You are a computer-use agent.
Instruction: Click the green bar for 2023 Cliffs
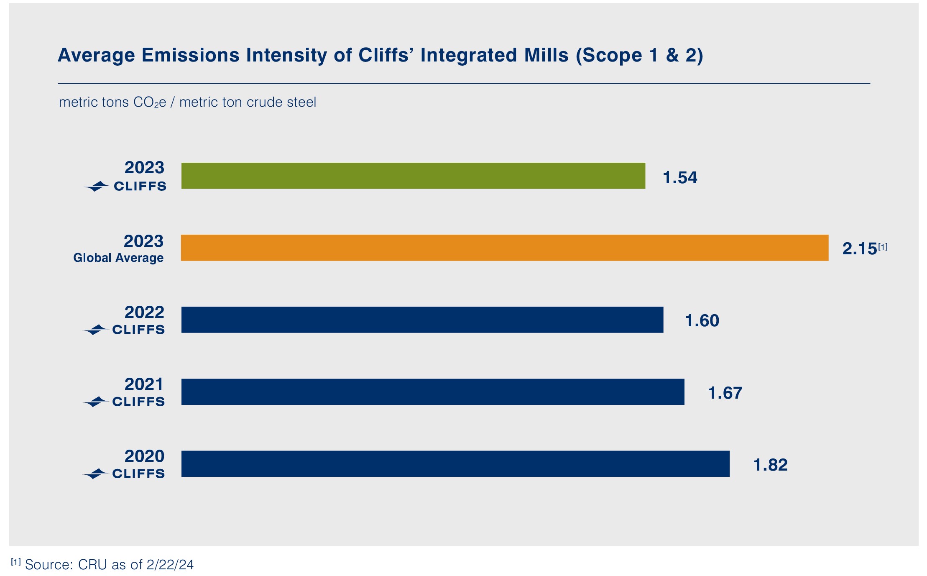413,176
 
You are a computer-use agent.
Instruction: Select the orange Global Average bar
504,248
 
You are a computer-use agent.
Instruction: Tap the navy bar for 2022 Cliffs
422,320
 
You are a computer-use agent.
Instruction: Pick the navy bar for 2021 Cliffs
433,392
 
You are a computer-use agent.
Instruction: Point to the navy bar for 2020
455,463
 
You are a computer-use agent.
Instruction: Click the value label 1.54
680,178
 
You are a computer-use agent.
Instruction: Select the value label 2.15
859,249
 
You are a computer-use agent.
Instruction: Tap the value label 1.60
702,321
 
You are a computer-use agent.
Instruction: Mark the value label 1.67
725,393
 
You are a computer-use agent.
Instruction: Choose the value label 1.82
770,465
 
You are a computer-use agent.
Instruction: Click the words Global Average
118,258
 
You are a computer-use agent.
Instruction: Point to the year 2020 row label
144,456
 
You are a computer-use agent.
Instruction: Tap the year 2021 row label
144,384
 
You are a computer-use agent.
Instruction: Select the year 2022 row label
144,312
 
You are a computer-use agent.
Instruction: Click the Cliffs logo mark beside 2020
96,474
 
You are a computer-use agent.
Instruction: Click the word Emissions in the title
190,55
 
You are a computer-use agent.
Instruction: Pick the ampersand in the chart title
672,55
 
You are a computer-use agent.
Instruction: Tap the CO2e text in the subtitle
150,102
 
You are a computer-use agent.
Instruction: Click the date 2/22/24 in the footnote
170,565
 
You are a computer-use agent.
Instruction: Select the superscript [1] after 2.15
882,247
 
